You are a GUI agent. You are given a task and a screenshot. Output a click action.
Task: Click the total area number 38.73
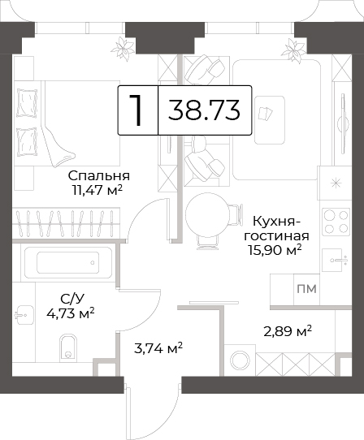204,110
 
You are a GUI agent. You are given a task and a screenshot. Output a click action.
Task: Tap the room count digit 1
136,110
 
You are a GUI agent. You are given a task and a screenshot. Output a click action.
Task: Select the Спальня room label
99,176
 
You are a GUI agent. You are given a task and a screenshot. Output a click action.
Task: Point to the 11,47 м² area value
97,191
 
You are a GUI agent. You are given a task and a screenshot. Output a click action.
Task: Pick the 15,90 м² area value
274,250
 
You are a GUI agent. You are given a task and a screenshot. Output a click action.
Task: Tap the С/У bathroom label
72,299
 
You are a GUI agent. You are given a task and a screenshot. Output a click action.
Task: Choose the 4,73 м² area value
71,313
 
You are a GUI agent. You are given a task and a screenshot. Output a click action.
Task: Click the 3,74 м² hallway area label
158,349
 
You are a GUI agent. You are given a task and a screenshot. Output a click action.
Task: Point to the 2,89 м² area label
288,332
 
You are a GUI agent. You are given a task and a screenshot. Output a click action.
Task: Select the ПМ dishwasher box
306,289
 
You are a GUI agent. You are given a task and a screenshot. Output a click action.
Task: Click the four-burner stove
336,222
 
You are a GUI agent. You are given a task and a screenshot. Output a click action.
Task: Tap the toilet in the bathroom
68,347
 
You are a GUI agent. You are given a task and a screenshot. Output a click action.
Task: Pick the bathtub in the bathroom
68,262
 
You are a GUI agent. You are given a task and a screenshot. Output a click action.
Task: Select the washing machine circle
240,360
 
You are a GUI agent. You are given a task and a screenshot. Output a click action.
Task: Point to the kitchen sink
336,260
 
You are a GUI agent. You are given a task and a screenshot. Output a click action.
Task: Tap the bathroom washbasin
24,315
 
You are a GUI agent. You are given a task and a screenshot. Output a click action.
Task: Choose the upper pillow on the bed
28,103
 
